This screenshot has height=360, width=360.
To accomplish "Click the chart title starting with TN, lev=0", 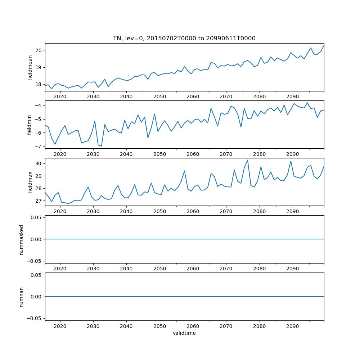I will (184, 39).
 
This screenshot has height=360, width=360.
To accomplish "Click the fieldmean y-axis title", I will (30, 67).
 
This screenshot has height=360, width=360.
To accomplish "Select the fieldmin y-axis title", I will (30, 125).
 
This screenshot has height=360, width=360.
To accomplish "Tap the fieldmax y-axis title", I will (30, 182).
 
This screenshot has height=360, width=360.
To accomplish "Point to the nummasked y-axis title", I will (22, 239).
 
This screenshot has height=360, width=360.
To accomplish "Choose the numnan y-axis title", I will (22, 297).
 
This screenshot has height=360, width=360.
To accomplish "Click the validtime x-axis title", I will (184, 333).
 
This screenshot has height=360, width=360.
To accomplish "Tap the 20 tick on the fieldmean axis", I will (39, 50).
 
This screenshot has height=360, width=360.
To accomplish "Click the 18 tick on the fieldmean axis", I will (39, 85).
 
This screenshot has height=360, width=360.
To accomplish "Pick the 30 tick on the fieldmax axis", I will (39, 163).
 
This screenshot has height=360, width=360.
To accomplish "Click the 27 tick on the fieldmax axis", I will (39, 201).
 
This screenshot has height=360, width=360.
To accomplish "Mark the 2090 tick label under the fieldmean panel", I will (292, 96).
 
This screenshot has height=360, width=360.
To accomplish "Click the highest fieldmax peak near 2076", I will (248, 160).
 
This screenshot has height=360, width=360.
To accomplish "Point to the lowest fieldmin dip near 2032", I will (102, 146).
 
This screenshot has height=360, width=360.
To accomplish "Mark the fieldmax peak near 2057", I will (184, 171).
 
